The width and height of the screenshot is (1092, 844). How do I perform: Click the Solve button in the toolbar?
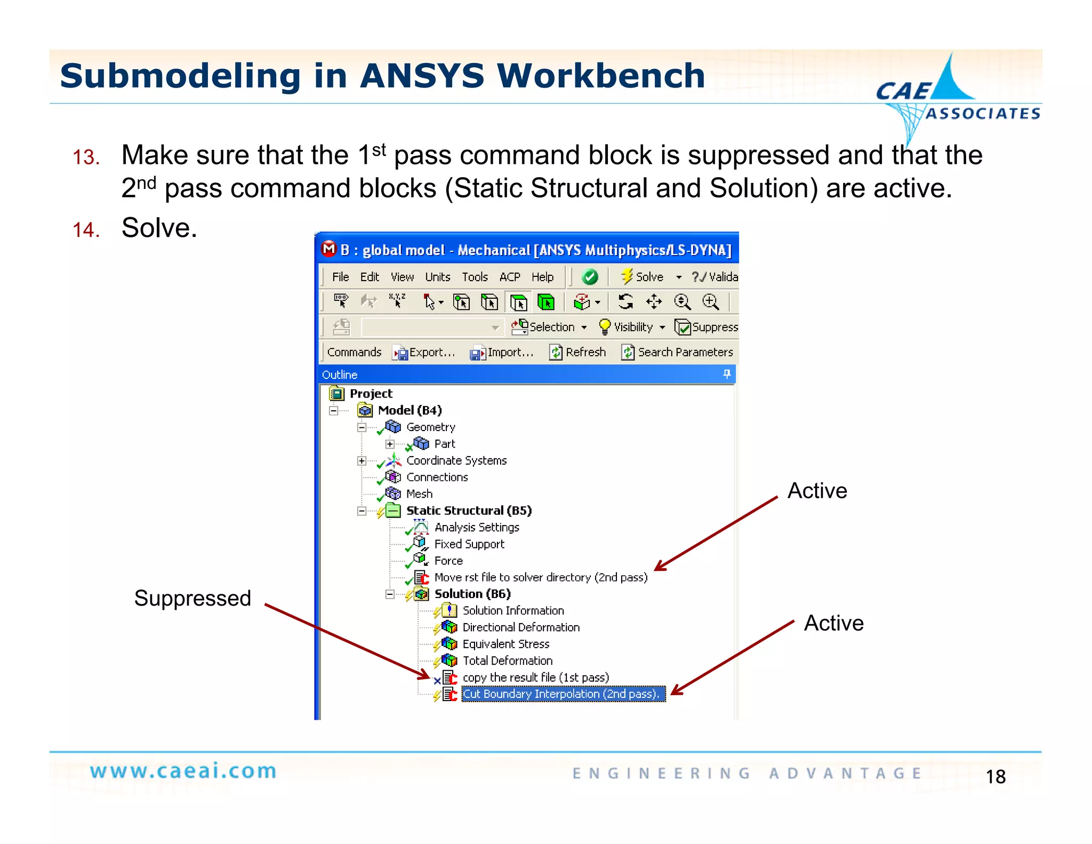(643, 277)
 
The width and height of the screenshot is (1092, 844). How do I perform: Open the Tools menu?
(475, 277)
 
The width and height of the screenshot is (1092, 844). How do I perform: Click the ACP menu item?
(510, 277)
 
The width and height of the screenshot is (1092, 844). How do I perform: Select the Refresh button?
(578, 352)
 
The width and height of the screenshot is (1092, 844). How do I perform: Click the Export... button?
(424, 352)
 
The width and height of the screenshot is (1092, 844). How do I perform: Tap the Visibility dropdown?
(632, 327)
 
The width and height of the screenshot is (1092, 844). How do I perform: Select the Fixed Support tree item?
(469, 544)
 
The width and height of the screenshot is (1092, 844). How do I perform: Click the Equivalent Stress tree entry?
(505, 644)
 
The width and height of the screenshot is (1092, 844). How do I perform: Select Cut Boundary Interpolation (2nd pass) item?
(562, 694)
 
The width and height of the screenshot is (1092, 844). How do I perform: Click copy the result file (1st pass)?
(535, 678)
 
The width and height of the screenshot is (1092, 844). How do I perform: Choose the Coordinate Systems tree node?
(456, 460)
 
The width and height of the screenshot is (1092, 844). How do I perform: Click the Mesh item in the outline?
(419, 494)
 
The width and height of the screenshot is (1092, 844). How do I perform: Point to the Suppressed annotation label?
(192, 598)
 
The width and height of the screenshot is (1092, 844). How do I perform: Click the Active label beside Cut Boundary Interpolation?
(833, 623)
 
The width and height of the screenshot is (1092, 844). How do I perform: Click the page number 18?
(995, 777)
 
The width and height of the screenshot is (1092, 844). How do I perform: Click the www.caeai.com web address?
(183, 771)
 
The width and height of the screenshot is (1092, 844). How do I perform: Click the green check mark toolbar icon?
(590, 277)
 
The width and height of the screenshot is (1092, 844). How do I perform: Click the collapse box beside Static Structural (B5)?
(362, 511)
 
